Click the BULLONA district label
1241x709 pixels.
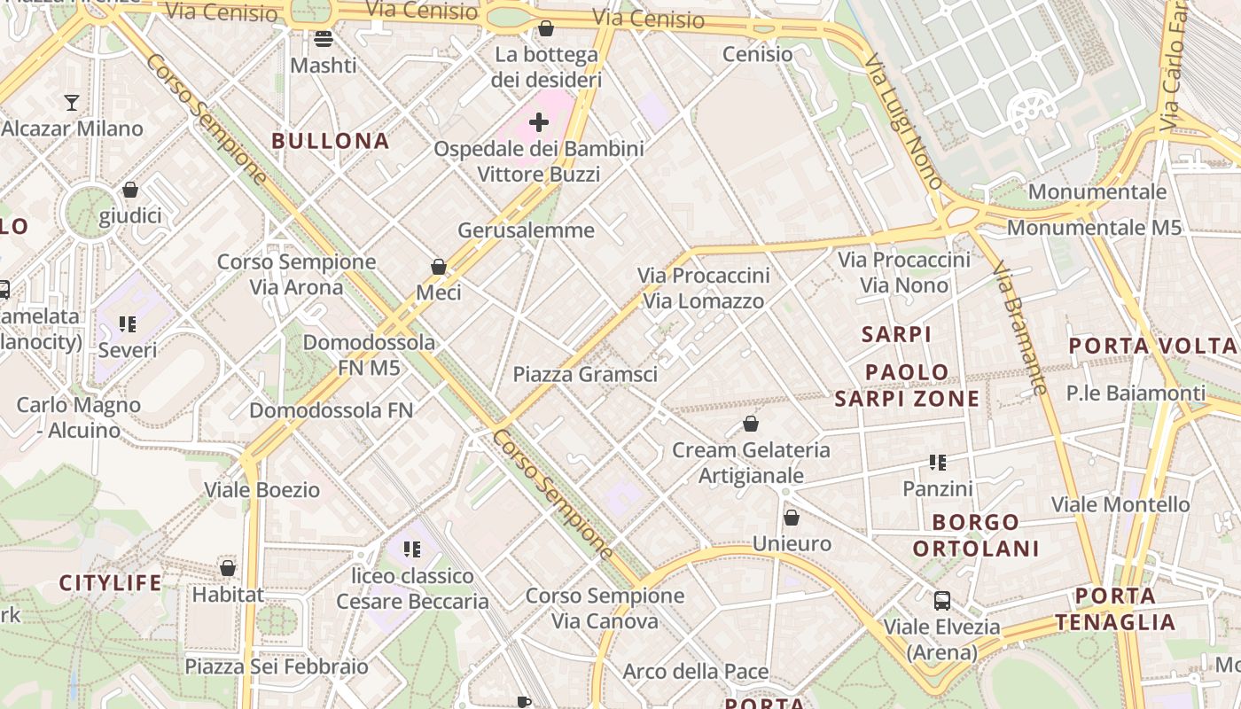(x=331, y=141)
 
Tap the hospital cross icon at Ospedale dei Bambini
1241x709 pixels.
(x=538, y=122)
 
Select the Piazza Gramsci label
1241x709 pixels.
(x=585, y=375)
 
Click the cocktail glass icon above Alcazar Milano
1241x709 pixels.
(x=72, y=103)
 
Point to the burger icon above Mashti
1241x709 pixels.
(x=323, y=39)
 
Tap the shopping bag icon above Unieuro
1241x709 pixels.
(x=791, y=518)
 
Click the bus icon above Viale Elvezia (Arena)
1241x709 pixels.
(x=941, y=601)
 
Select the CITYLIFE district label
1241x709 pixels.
(x=111, y=583)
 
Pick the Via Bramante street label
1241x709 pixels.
(x=1019, y=327)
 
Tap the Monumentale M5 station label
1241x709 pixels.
(x=1094, y=228)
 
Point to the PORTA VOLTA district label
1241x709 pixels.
(x=1152, y=347)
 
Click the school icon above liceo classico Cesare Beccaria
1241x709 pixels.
(x=411, y=549)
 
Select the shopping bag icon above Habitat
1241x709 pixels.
(x=228, y=568)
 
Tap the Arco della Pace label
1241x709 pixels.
(x=696, y=671)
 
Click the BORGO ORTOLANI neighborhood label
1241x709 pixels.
(x=975, y=535)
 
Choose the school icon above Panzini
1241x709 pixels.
(x=938, y=462)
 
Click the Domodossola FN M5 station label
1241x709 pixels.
(x=369, y=354)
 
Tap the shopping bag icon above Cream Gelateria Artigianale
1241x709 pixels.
(x=751, y=424)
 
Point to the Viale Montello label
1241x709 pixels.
(x=1120, y=505)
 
